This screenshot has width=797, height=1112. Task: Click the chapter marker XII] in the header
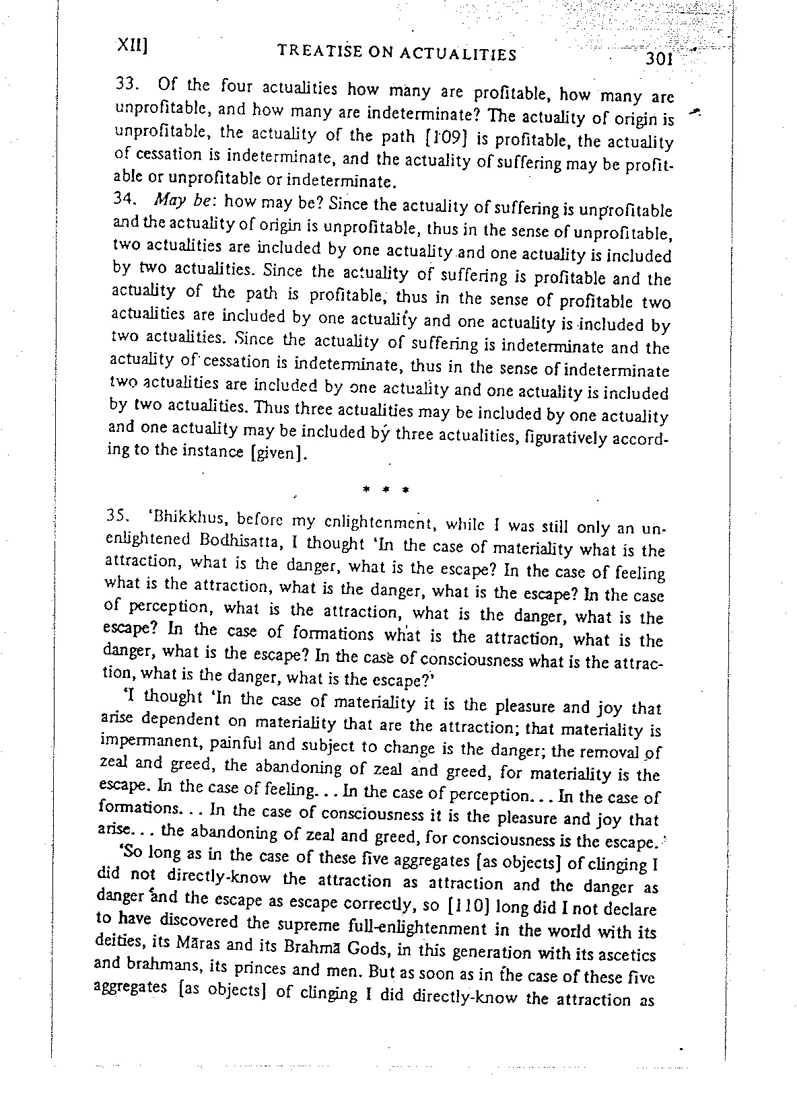133,44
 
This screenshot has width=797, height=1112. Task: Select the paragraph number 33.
127,86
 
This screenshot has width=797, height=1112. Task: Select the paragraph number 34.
125,200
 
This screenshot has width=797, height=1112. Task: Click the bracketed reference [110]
469,906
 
